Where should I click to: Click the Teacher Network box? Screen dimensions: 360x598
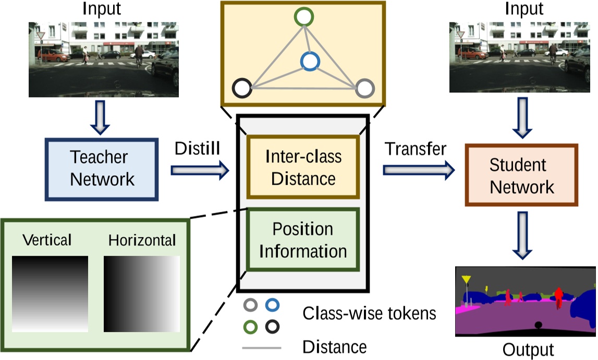coord(102,169)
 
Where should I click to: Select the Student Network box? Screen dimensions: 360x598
coord(522,176)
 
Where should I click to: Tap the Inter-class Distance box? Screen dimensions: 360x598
coord(303,167)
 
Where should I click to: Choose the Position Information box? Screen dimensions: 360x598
coord(303,239)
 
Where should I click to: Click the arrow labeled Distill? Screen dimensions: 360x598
coord(200,169)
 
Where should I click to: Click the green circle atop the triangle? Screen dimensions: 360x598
coord(304,17)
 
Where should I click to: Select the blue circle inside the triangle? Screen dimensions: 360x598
coord(309,62)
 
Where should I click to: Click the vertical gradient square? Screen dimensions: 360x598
coord(50,294)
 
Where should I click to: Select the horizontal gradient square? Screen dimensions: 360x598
coord(142,294)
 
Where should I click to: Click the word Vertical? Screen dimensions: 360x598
coord(47,240)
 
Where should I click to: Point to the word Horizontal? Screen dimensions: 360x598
coord(142,241)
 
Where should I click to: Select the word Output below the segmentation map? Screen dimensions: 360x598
coord(528,349)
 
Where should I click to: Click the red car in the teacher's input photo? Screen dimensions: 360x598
coord(52,55)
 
